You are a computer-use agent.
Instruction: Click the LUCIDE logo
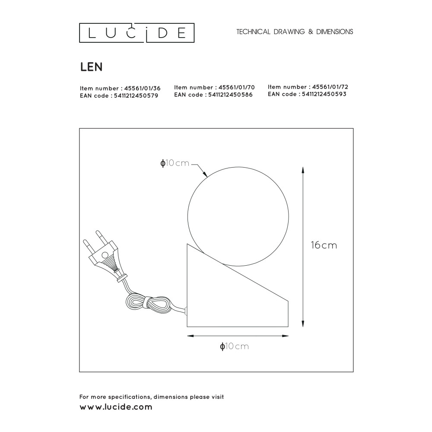(137, 33)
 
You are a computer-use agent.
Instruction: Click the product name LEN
(91, 67)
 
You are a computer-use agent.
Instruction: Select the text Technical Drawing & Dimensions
(295, 32)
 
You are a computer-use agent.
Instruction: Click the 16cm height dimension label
(324, 245)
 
